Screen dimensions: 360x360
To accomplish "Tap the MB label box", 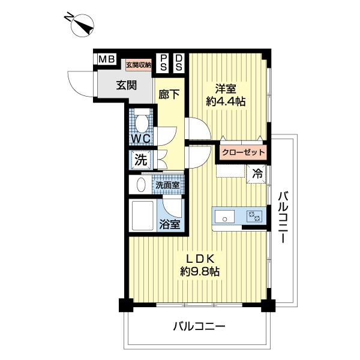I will (106, 59).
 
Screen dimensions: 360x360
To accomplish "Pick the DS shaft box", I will (179, 62).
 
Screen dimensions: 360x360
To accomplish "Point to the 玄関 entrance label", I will (127, 85).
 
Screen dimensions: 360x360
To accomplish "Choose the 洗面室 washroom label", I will (167, 185).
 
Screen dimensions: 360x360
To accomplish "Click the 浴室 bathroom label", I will (170, 225).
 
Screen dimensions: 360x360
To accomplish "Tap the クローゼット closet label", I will (242, 152).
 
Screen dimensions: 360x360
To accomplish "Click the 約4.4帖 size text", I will (226, 103).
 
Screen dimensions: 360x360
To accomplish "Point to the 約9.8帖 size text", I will (199, 271).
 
